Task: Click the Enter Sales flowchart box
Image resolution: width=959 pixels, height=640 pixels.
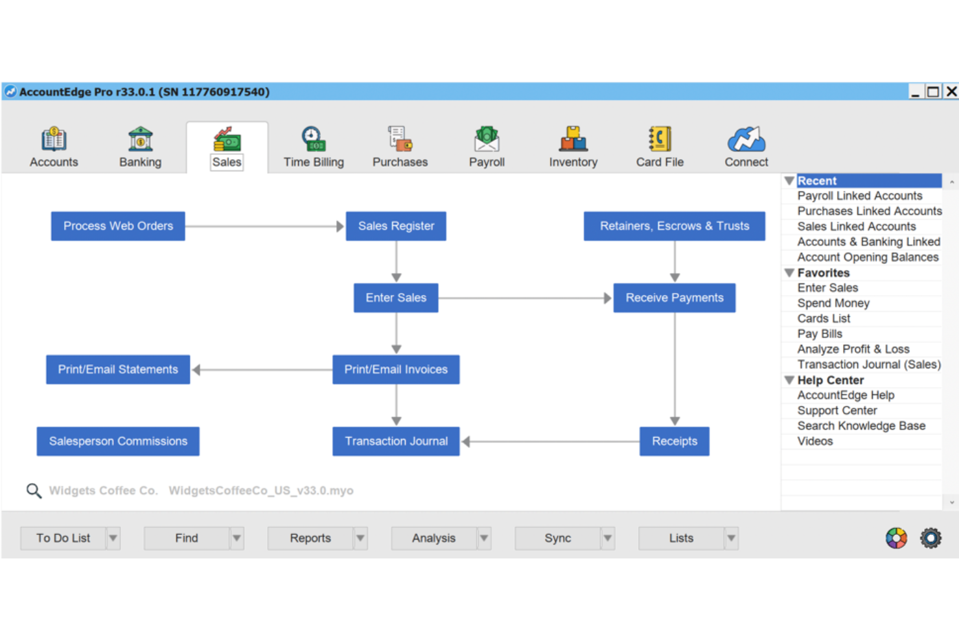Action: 396,298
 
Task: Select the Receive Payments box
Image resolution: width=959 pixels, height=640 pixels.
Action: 674,298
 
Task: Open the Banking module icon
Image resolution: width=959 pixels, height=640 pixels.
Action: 140,140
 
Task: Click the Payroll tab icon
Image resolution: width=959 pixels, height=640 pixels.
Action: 487,140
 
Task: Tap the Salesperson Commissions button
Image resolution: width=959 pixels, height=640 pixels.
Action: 118,441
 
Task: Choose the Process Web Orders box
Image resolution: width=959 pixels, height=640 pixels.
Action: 118,226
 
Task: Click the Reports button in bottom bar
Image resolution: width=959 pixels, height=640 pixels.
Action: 310,538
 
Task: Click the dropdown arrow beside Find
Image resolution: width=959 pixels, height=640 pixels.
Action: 237,538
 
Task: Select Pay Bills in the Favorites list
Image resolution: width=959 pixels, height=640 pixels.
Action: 820,334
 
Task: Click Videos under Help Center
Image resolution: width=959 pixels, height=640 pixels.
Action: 815,442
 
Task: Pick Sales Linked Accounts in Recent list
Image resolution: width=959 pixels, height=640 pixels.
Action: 856,226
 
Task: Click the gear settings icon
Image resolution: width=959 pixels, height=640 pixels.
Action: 930,538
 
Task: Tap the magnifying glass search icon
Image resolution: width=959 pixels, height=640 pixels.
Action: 34,491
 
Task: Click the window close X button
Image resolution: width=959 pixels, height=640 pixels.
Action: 951,91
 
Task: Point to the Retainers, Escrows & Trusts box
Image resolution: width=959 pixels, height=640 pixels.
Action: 674,226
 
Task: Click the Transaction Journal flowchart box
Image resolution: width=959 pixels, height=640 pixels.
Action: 396,441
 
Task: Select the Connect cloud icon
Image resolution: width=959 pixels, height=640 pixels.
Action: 746,140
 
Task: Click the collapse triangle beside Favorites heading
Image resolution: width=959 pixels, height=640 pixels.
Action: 789,273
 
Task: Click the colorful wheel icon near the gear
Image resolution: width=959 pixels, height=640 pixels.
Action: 896,538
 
